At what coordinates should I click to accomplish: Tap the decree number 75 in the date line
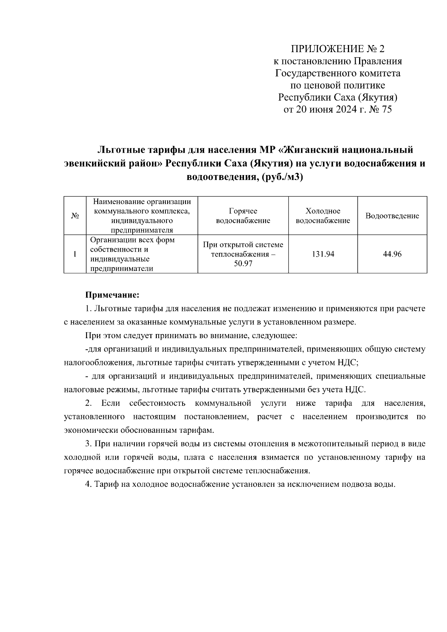[386, 110]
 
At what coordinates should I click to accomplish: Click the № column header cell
[74, 216]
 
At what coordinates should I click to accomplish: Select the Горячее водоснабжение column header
[243, 216]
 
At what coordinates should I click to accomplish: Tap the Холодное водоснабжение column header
[323, 216]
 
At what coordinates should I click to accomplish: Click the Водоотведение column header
[392, 216]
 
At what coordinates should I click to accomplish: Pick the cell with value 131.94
[323, 254]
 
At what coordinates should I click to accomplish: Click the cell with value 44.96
[392, 254]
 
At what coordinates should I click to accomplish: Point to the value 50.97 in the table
[243, 264]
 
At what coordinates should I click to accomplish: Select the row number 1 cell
[74, 254]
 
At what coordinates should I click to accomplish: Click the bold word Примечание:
[112, 295]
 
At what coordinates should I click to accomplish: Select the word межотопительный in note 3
[318, 444]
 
